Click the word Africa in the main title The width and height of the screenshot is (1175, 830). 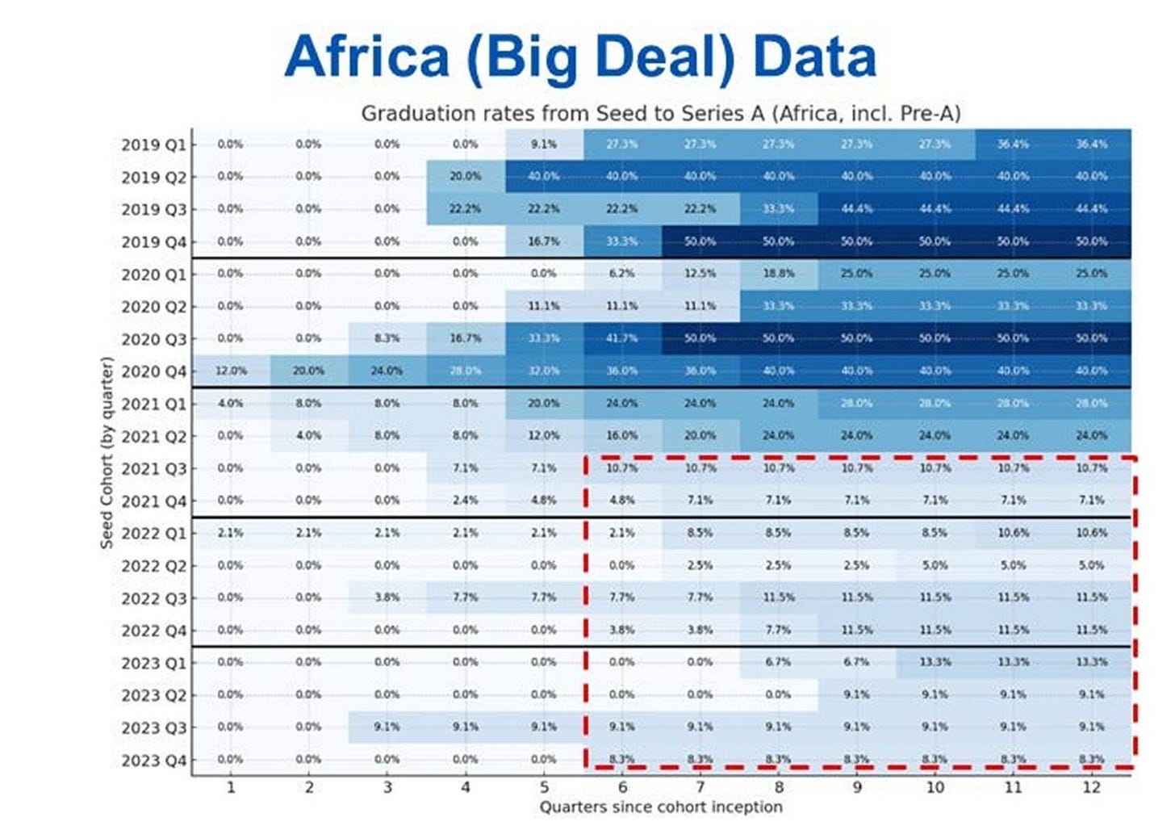point(366,57)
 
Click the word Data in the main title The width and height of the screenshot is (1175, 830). point(814,57)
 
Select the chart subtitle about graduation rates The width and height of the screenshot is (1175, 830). point(660,113)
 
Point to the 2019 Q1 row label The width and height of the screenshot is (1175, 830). point(153,145)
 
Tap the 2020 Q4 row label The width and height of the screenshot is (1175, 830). point(153,372)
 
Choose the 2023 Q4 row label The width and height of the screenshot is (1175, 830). point(153,761)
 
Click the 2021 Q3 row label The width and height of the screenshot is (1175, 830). point(153,469)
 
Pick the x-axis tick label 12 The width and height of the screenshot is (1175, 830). point(1091,787)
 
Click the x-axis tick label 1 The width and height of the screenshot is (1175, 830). point(231,787)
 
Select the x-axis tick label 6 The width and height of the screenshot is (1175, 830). point(622,787)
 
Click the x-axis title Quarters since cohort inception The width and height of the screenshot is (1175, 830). point(660,807)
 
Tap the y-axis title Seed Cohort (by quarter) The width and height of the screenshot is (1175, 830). point(107,453)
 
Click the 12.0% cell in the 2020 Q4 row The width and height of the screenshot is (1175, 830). point(231,371)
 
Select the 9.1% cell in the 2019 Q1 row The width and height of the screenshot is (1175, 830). point(544,145)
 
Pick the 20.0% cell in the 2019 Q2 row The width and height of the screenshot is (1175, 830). point(466,177)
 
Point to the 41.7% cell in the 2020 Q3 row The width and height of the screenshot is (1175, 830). point(622,338)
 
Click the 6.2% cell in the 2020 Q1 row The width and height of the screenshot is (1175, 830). point(622,274)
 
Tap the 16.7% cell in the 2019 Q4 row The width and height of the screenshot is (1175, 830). point(544,241)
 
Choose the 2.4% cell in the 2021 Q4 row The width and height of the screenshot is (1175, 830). point(466,500)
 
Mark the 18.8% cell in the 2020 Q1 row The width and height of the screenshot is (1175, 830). point(779,274)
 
